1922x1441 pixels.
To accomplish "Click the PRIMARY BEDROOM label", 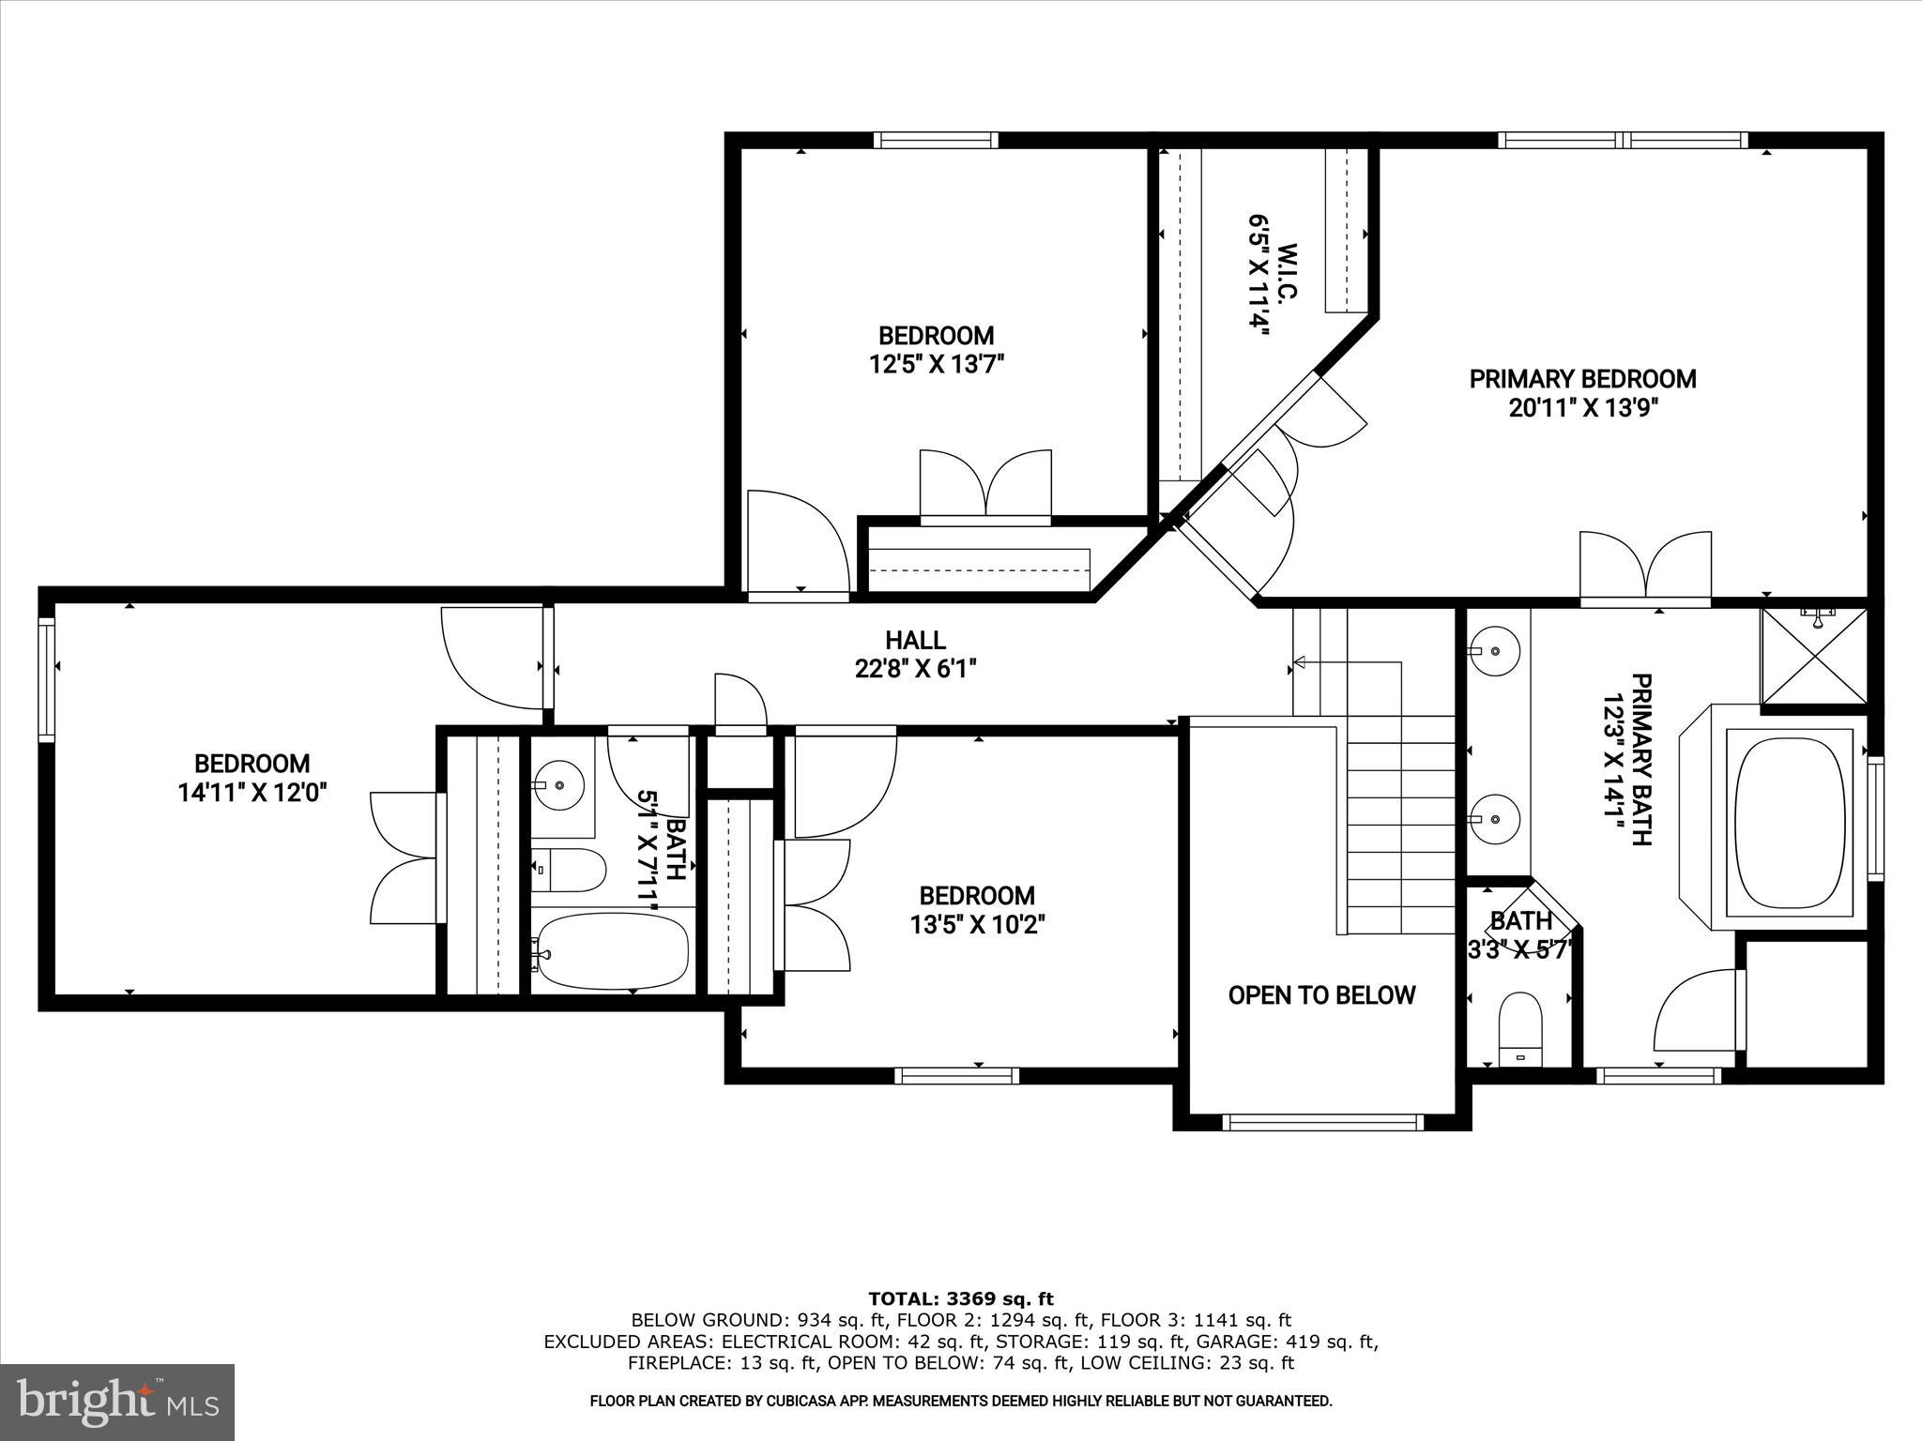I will [x=1582, y=379].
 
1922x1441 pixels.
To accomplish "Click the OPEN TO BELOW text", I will [x=1321, y=995].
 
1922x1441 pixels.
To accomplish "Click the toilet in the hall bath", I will [x=569, y=871].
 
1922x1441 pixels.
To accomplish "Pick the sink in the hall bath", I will [x=560, y=783].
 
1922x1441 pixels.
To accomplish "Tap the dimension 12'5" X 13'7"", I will [x=936, y=364].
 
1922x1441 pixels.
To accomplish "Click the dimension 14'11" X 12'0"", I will [x=252, y=793].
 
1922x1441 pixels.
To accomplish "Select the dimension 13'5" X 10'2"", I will [x=977, y=925].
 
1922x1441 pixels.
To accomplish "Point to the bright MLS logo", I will [x=117, y=1402].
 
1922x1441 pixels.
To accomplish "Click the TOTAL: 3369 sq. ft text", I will [x=960, y=1298].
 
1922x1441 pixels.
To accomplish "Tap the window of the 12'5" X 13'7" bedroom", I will [x=936, y=141].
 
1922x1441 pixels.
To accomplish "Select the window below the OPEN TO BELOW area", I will [x=1323, y=1121].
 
